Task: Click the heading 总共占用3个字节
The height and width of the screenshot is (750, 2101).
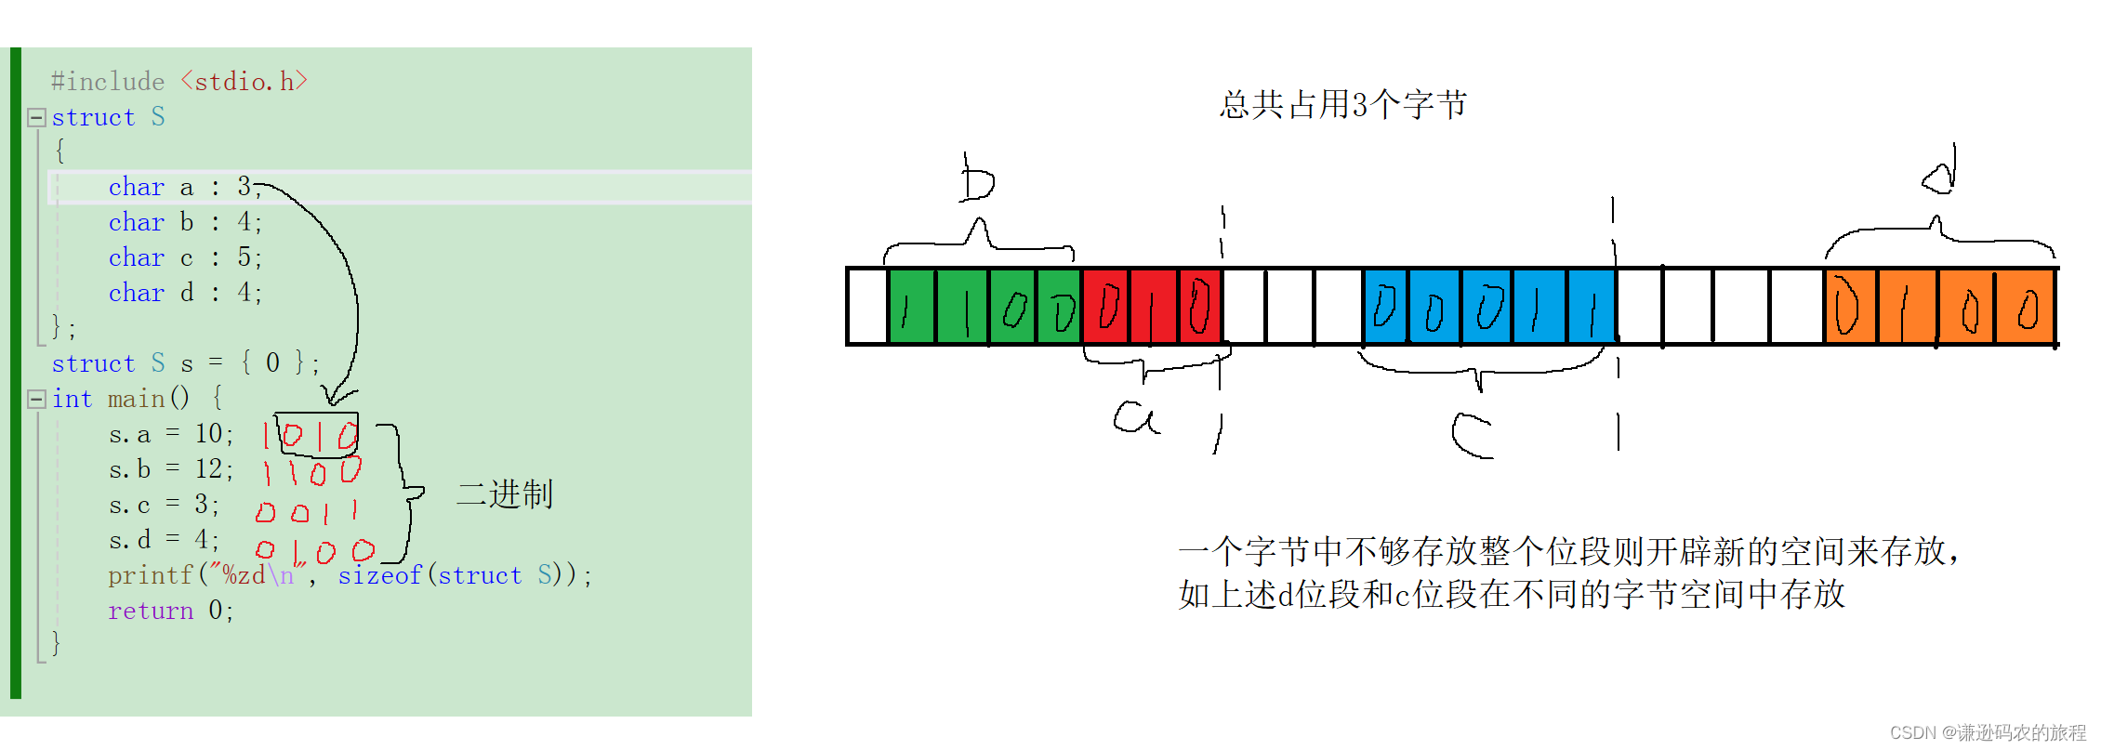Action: (x=1343, y=105)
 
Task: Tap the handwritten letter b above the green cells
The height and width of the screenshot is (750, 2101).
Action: (x=976, y=179)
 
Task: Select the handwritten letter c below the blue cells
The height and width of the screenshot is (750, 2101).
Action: (x=1472, y=435)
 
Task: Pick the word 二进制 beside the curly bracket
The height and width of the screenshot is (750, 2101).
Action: (x=505, y=493)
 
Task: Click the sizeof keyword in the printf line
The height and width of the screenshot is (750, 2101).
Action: (x=379, y=576)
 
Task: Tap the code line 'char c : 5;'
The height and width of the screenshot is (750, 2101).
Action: (x=185, y=257)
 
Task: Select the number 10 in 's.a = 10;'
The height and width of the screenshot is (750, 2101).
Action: (x=207, y=434)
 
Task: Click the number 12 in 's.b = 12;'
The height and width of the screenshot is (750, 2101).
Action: (x=207, y=469)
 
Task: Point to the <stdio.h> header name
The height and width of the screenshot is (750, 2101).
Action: (x=244, y=82)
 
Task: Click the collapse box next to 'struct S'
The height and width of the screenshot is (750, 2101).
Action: (x=37, y=117)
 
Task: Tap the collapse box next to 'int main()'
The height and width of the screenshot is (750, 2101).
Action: (x=37, y=399)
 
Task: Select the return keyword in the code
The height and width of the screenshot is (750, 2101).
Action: (x=151, y=612)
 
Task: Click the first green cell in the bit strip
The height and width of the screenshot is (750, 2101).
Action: (x=912, y=306)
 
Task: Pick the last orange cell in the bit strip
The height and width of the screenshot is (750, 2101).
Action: (x=2026, y=306)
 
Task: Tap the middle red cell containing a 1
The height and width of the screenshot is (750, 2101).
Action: (x=1153, y=306)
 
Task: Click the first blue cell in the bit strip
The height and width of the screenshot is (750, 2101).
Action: (x=1385, y=306)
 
